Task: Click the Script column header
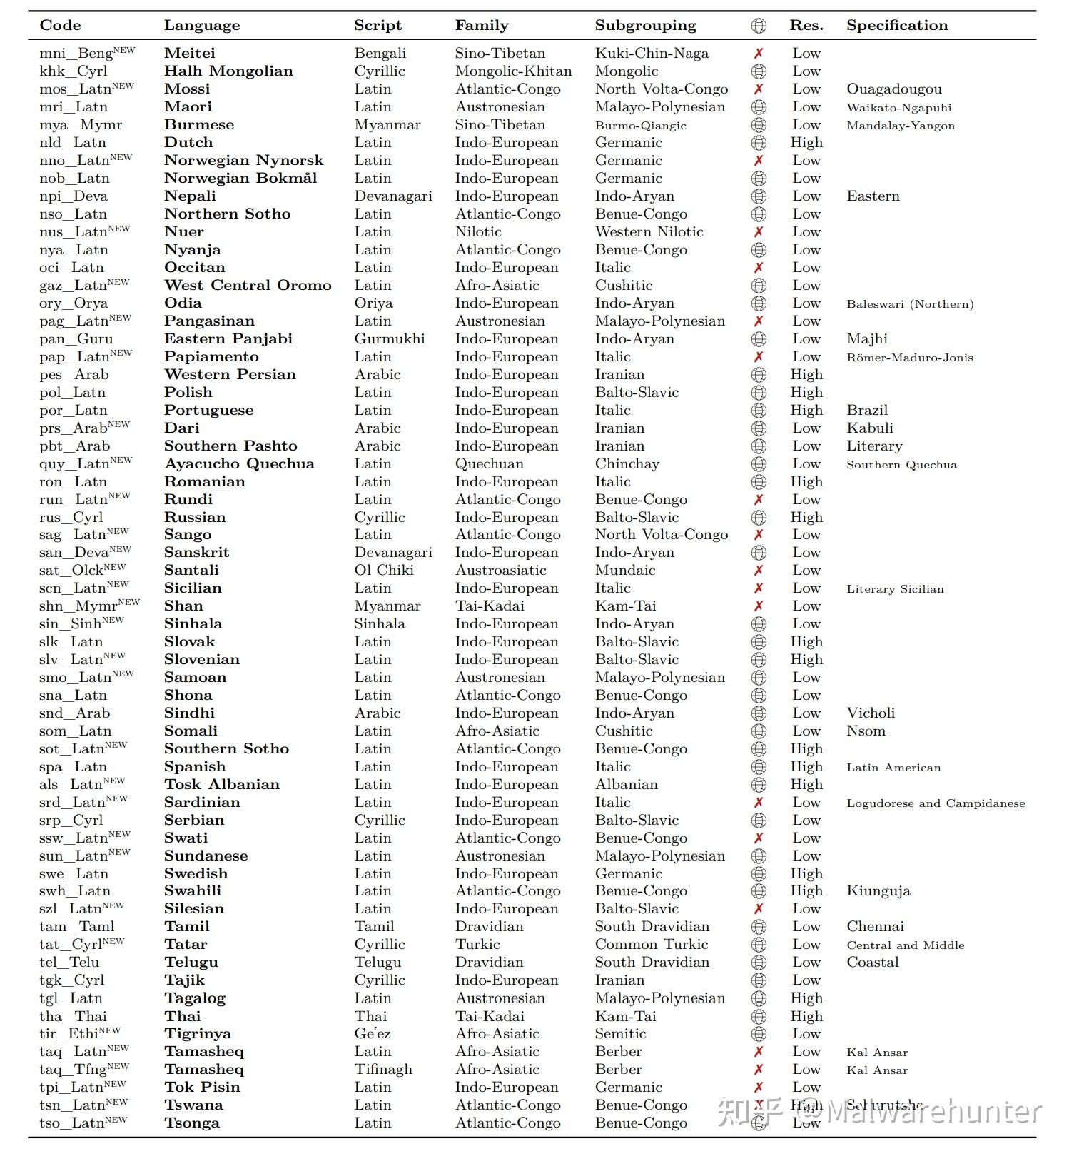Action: tap(378, 26)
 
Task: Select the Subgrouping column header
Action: tap(645, 26)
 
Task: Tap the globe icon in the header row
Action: tap(759, 26)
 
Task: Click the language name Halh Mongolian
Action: tap(228, 71)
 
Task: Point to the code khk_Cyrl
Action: tap(74, 71)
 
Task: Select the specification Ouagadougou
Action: tap(893, 89)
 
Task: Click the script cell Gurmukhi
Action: tap(389, 339)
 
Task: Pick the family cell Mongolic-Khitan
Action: tap(513, 71)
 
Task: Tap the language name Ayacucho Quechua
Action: tap(239, 464)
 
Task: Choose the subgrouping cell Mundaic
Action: tap(624, 571)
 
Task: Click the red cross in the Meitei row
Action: tap(759, 54)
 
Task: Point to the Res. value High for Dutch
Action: tap(806, 143)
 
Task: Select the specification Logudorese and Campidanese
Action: tap(935, 803)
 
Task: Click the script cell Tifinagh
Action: tap(383, 1070)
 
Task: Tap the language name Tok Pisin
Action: tap(202, 1088)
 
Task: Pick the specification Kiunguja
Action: tap(878, 891)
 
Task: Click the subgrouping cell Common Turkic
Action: tap(651, 945)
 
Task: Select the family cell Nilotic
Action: tap(478, 232)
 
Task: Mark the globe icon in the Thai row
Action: tap(759, 1016)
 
